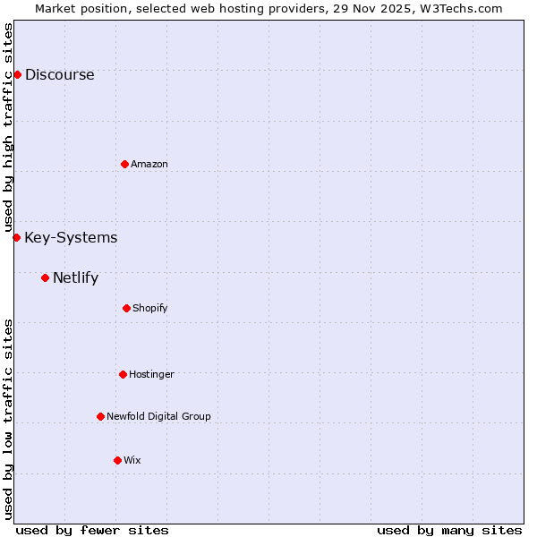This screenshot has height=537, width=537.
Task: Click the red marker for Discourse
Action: [x=17, y=74]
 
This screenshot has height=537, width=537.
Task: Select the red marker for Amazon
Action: [x=124, y=164]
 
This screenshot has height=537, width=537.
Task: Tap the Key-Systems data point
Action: [x=16, y=237]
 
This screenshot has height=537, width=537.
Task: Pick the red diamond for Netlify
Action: [x=45, y=277]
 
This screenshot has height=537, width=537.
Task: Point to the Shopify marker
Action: [x=126, y=308]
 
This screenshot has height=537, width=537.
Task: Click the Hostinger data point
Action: [x=123, y=374]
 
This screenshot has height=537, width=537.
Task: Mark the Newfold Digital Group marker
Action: [x=100, y=416]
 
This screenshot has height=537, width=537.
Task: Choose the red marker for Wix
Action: [x=117, y=460]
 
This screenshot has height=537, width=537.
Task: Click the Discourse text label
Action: [x=59, y=75]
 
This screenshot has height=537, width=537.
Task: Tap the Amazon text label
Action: [x=149, y=165]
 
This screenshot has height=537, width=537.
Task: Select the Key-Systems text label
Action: [x=71, y=238]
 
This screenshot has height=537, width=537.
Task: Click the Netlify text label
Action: [x=75, y=278]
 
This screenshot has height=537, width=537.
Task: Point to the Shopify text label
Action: [x=150, y=309]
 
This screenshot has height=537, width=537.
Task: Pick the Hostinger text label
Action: [x=151, y=375]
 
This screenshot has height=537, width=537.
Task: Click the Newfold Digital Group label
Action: [x=158, y=417]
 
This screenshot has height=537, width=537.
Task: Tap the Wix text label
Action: [x=132, y=461]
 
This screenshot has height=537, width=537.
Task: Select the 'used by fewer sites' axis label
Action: [x=92, y=531]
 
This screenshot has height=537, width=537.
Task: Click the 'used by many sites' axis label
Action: [x=449, y=531]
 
